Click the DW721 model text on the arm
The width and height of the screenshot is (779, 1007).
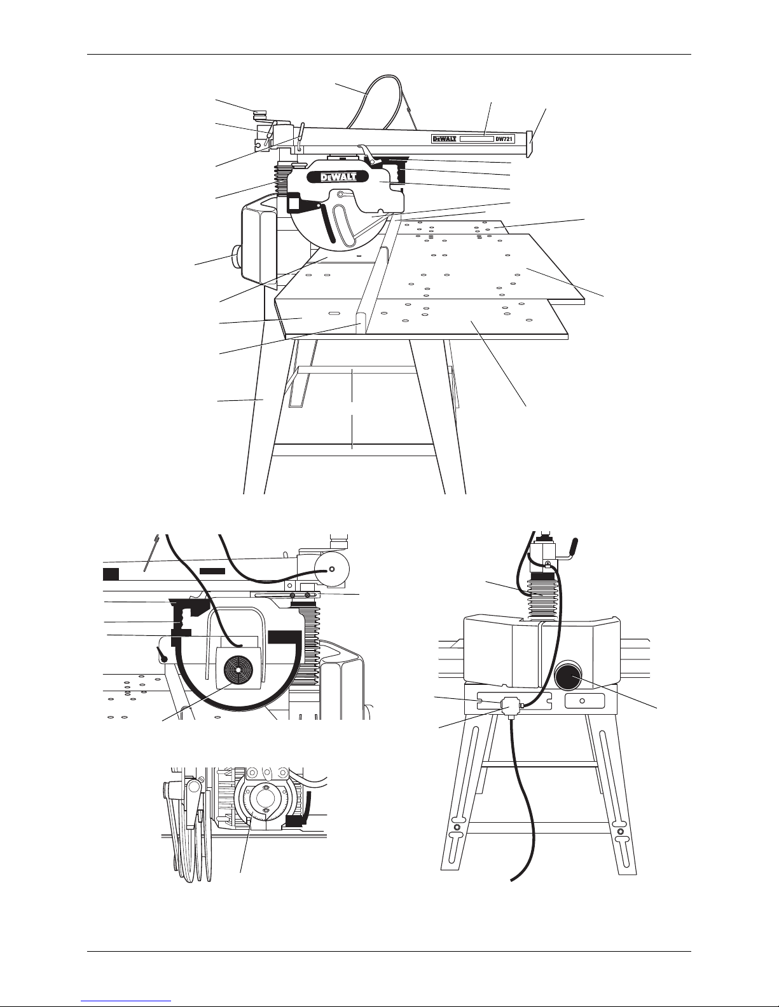[x=504, y=139]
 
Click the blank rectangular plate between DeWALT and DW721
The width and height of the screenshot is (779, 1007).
[x=476, y=139]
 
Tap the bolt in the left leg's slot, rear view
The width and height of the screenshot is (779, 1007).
[x=458, y=827]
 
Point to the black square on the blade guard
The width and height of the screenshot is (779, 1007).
[x=294, y=204]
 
